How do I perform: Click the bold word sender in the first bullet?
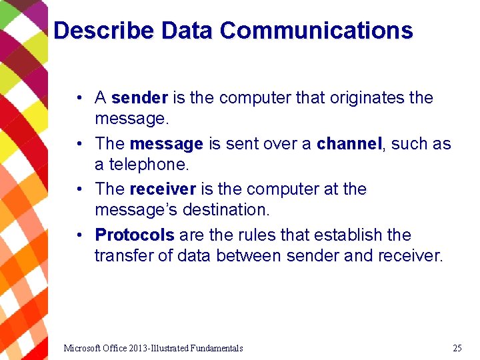(x=139, y=98)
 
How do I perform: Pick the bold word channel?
(x=349, y=144)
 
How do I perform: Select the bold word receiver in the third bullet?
(x=162, y=189)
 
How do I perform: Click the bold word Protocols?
(x=135, y=235)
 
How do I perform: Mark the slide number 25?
(x=457, y=348)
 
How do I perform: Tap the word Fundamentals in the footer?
(x=216, y=348)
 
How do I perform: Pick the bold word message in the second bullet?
(x=166, y=144)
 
